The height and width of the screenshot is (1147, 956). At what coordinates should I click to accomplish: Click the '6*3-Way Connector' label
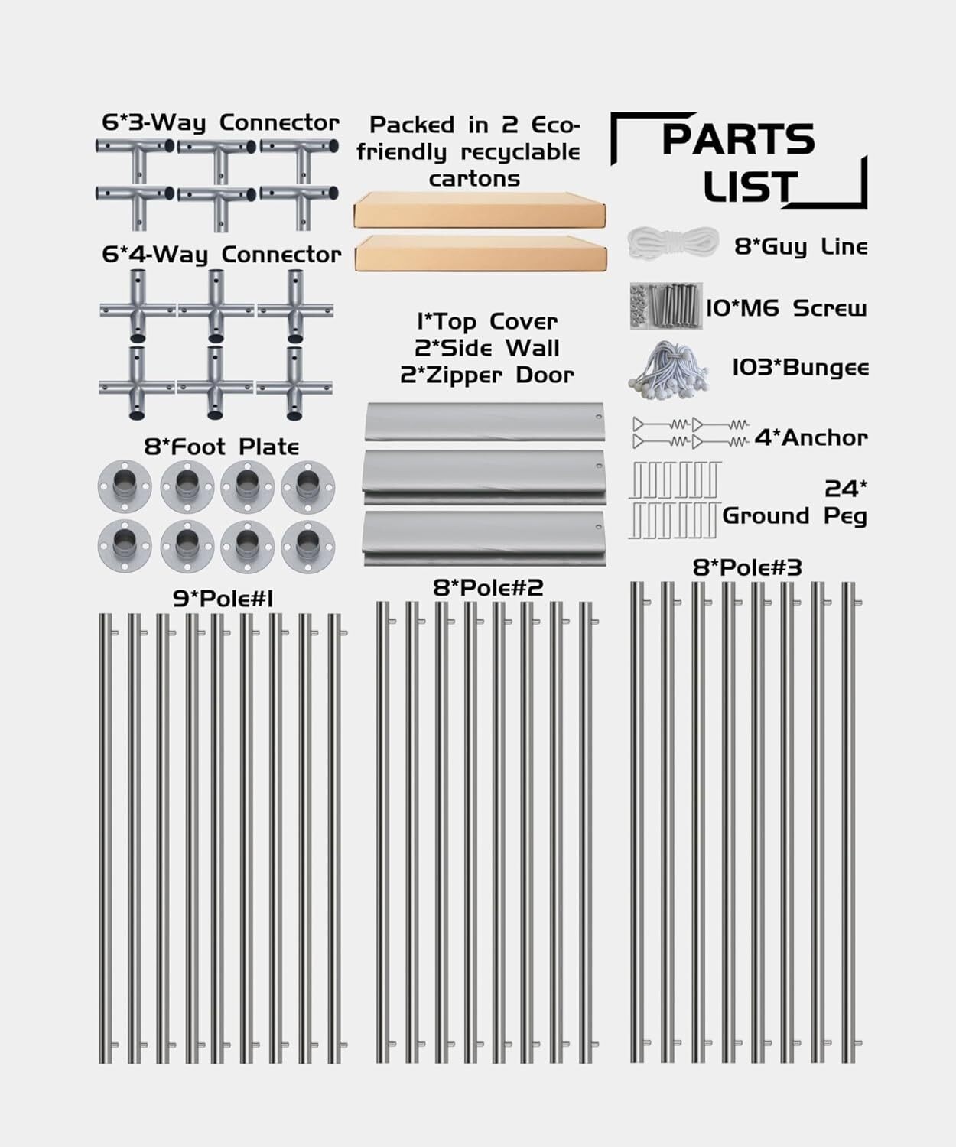[220, 123]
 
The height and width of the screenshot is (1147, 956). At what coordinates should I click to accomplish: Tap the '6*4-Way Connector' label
[221, 255]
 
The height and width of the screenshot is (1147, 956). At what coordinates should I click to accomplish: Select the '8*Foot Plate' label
[221, 447]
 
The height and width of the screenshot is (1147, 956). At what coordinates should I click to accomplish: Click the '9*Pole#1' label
[223, 599]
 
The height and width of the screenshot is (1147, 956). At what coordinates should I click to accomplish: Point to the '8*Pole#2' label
[488, 587]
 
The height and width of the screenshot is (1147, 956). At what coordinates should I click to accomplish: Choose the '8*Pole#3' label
[746, 567]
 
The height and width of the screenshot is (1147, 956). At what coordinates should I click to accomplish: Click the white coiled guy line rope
[672, 245]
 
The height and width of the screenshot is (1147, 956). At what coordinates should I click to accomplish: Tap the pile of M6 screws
[665, 306]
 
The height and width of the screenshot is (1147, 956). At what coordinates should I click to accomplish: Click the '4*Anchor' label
[811, 438]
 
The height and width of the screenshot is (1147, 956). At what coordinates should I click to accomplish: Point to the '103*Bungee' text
[800, 368]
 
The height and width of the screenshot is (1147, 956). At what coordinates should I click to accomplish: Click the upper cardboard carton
[480, 210]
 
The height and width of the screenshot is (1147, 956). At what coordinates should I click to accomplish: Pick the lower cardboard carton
[480, 254]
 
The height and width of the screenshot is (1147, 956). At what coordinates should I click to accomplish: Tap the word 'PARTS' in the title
[737, 139]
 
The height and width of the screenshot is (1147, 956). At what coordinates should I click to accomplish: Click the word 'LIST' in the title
[750, 187]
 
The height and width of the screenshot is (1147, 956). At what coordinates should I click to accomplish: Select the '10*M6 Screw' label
[785, 308]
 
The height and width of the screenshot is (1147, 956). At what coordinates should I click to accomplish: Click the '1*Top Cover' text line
[486, 321]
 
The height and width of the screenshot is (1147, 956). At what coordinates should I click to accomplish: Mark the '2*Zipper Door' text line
[486, 375]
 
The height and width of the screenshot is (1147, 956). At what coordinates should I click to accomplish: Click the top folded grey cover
[484, 421]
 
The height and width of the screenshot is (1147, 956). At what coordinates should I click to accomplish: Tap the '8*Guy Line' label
[800, 247]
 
